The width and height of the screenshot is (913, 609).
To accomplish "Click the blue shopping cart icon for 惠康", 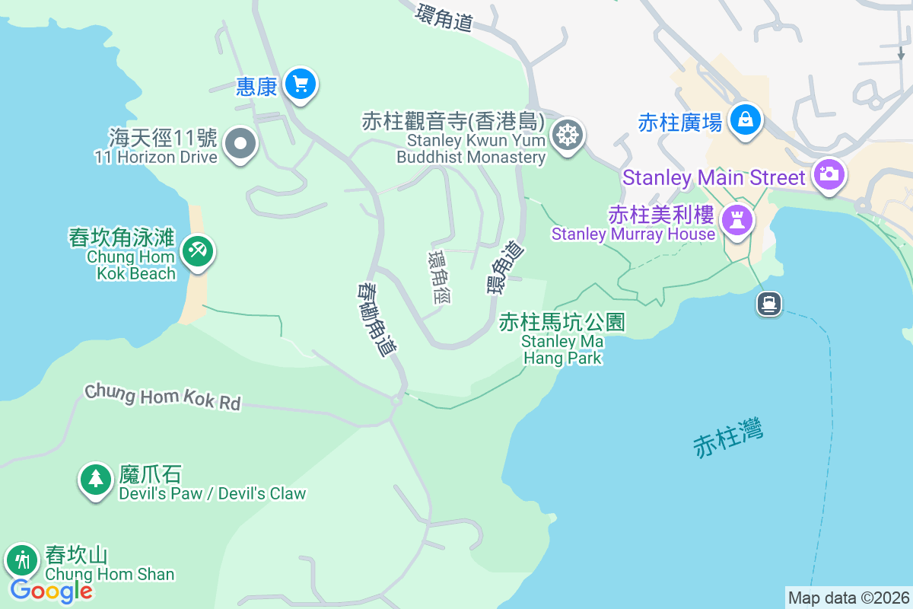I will coord(300,84).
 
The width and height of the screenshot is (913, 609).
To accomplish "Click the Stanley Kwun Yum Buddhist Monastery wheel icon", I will coord(566,136).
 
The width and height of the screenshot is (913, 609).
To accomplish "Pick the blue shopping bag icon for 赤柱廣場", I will coord(745,120).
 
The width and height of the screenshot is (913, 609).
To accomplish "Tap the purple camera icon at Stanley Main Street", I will coord(828,174).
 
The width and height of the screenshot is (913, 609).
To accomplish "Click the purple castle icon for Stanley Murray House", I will coord(736,221).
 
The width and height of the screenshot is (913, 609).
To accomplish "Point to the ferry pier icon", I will coord(769,304).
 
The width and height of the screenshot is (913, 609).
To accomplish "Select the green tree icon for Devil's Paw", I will coord(95,479).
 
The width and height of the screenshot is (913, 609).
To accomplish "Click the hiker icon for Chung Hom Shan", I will coord(22,561).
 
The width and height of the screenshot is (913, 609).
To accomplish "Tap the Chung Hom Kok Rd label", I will coord(162,397).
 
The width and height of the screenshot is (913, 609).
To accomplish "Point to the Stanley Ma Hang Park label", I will coord(562,340).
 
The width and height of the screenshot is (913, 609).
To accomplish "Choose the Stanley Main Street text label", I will coord(713,178).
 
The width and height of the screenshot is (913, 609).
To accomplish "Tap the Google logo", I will coord(51,590).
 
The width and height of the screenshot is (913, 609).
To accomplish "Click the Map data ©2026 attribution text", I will coord(848,598).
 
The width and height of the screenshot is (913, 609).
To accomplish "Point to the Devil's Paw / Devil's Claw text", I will coord(212,493).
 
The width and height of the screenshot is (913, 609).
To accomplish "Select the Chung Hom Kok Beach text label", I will coord(131,265).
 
